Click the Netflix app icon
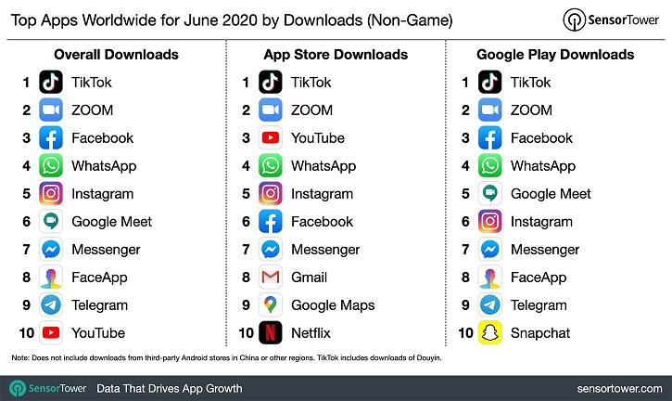click(x=271, y=332)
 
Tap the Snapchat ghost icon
click(x=489, y=332)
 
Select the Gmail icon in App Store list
click(x=271, y=277)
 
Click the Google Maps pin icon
click(x=271, y=304)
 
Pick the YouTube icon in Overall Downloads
click(x=51, y=332)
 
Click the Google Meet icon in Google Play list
click(x=489, y=193)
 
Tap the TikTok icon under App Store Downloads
click(x=271, y=82)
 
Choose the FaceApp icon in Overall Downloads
click(x=51, y=277)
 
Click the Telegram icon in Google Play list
click(x=489, y=304)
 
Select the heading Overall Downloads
click(x=116, y=55)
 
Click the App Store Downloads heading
click(x=336, y=55)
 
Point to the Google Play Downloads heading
click(x=555, y=55)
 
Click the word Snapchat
click(x=540, y=332)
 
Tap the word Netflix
click(x=311, y=332)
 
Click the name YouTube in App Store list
click(x=317, y=137)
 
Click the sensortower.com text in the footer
click(x=615, y=386)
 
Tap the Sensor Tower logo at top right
click(x=609, y=20)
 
